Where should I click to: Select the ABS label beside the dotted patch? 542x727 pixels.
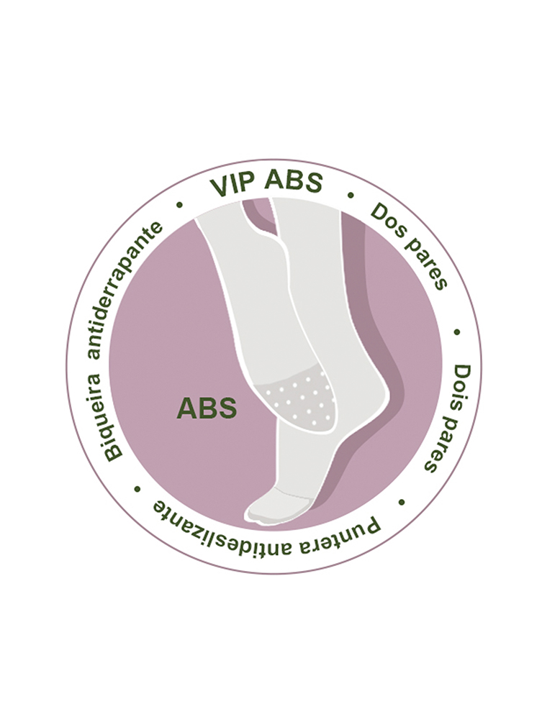[x=207, y=408]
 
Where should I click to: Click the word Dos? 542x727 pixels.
[x=384, y=219]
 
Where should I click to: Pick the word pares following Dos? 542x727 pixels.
[x=425, y=264]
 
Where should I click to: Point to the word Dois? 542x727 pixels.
[x=461, y=387]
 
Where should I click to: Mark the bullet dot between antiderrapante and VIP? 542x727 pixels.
[x=179, y=204]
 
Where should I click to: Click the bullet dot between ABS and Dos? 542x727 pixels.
[x=351, y=195]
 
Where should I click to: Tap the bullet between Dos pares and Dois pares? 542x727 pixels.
[x=456, y=332]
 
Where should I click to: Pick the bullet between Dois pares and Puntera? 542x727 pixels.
[x=402, y=502]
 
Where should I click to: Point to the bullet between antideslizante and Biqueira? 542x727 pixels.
[x=137, y=489]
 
